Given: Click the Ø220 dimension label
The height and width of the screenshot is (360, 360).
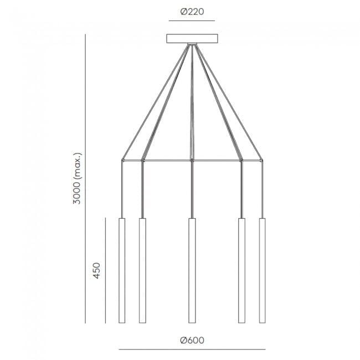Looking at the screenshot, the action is (x=192, y=12).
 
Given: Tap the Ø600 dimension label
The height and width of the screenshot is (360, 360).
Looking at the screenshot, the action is (x=192, y=340).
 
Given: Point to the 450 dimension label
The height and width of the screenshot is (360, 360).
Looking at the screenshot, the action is (x=97, y=271).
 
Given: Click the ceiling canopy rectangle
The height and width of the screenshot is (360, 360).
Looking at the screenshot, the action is (x=192, y=39).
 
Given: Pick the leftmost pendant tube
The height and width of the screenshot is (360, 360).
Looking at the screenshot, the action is (x=122, y=270).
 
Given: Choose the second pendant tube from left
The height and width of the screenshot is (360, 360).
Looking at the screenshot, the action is (x=142, y=270).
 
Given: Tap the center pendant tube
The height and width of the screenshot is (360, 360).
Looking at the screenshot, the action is (x=192, y=270).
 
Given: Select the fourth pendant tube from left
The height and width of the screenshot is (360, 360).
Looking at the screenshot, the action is (x=241, y=270).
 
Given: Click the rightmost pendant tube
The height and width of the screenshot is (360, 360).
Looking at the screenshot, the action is (x=262, y=270).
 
